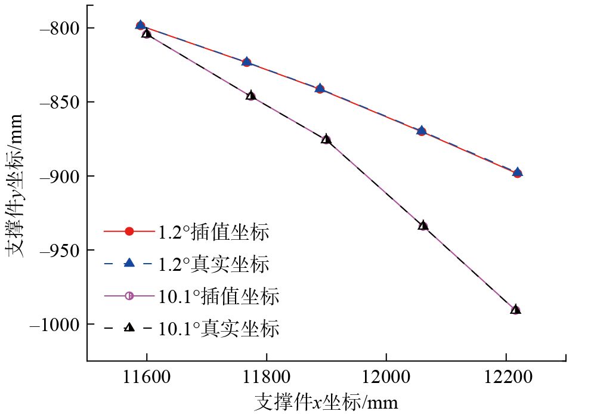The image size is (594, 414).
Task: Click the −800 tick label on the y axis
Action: point(59,28)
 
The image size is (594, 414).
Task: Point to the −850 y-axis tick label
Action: point(59,102)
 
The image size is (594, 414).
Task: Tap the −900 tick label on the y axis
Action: point(59,176)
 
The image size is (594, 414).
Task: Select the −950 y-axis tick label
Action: point(59,250)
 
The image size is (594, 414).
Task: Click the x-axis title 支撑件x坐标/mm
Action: point(326,401)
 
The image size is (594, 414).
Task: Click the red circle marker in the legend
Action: point(129,232)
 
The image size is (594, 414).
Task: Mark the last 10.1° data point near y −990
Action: point(515,310)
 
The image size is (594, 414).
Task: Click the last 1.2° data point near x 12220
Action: point(517,173)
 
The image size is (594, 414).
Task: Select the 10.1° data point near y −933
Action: point(423,225)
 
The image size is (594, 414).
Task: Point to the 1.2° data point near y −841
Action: point(320,88)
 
